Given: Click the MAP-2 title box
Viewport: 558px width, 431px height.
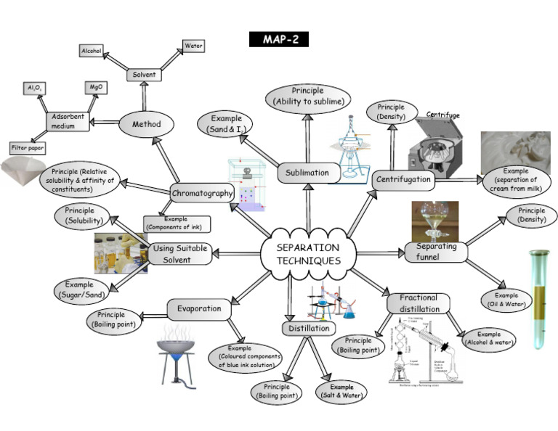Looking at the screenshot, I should tap(279, 39).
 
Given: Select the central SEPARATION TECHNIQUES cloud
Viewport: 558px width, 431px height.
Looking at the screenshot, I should tap(308, 253).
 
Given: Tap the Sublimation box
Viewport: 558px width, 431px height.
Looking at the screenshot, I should tap(306, 173).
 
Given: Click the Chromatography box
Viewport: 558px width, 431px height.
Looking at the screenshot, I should tap(203, 193).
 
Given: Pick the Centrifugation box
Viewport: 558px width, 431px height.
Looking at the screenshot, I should tap(403, 179).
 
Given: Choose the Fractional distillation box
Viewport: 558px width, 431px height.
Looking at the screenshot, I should tap(418, 303).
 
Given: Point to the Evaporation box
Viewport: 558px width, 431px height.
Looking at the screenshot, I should tap(198, 309).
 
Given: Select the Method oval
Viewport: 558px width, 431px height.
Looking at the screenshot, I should tap(147, 124).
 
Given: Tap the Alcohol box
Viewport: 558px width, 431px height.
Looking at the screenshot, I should tap(92, 51).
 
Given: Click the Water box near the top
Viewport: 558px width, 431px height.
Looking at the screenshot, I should tap(193, 46).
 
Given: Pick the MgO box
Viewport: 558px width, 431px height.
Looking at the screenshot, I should tap(94, 87).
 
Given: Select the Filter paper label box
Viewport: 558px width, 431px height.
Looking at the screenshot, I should tap(28, 148).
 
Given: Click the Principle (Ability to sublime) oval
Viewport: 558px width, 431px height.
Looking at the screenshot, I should tap(307, 97).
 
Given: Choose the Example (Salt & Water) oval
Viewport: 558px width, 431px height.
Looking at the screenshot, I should tap(341, 392).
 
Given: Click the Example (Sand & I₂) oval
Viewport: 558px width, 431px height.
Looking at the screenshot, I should tap(227, 123).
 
